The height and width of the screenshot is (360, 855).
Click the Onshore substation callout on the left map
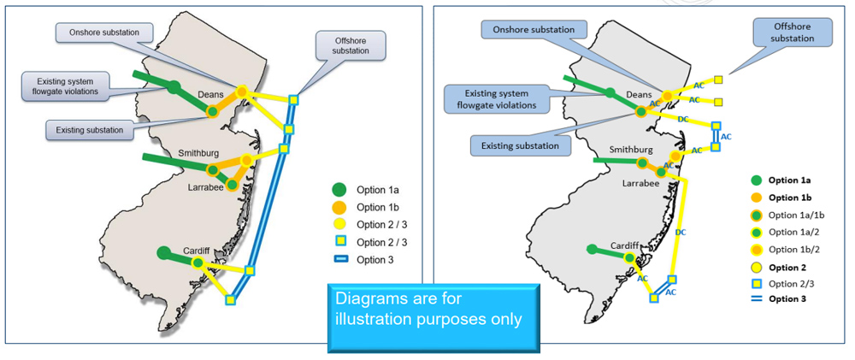[103, 32]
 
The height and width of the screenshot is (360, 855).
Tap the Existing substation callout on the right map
[521, 145]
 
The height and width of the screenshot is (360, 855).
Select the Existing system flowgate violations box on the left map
[61, 85]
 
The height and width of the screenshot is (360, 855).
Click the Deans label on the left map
[210, 95]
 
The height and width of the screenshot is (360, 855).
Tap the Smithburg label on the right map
[631, 149]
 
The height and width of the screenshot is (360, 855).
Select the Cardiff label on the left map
[197, 251]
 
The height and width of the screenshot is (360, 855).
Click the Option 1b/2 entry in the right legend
[794, 249]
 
